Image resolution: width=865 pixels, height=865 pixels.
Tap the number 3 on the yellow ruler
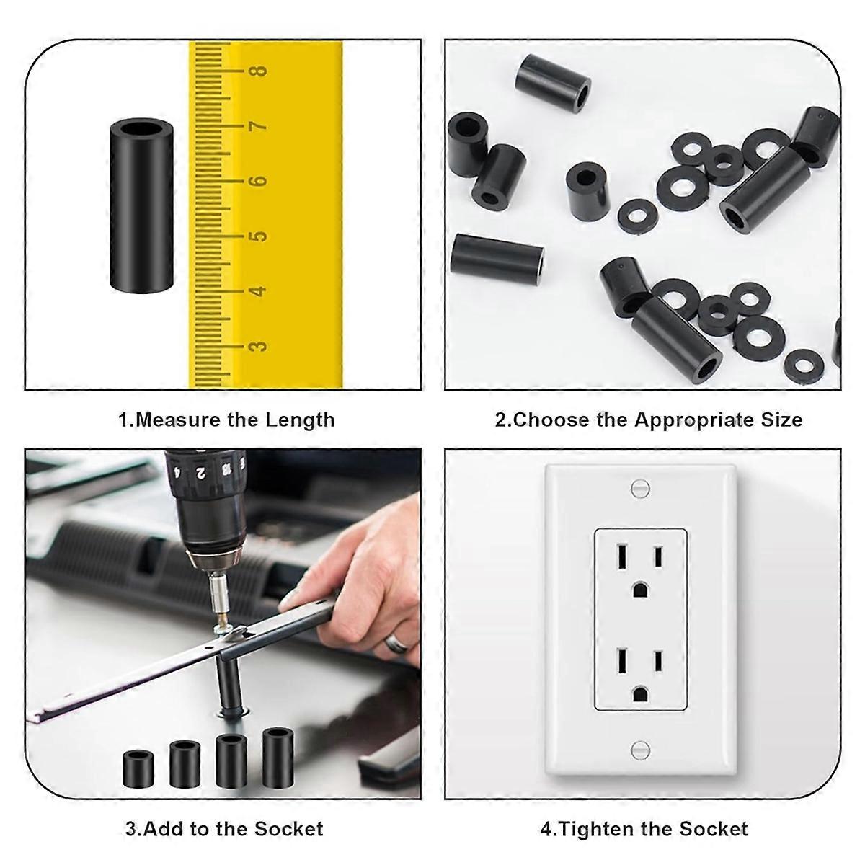[x=258, y=346]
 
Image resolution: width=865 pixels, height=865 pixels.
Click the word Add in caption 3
[x=162, y=829]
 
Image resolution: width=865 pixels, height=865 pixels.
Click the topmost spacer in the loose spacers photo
[x=554, y=81]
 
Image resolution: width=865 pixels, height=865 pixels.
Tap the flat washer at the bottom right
[x=802, y=366]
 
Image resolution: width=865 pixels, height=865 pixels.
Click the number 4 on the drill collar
[x=178, y=472]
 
